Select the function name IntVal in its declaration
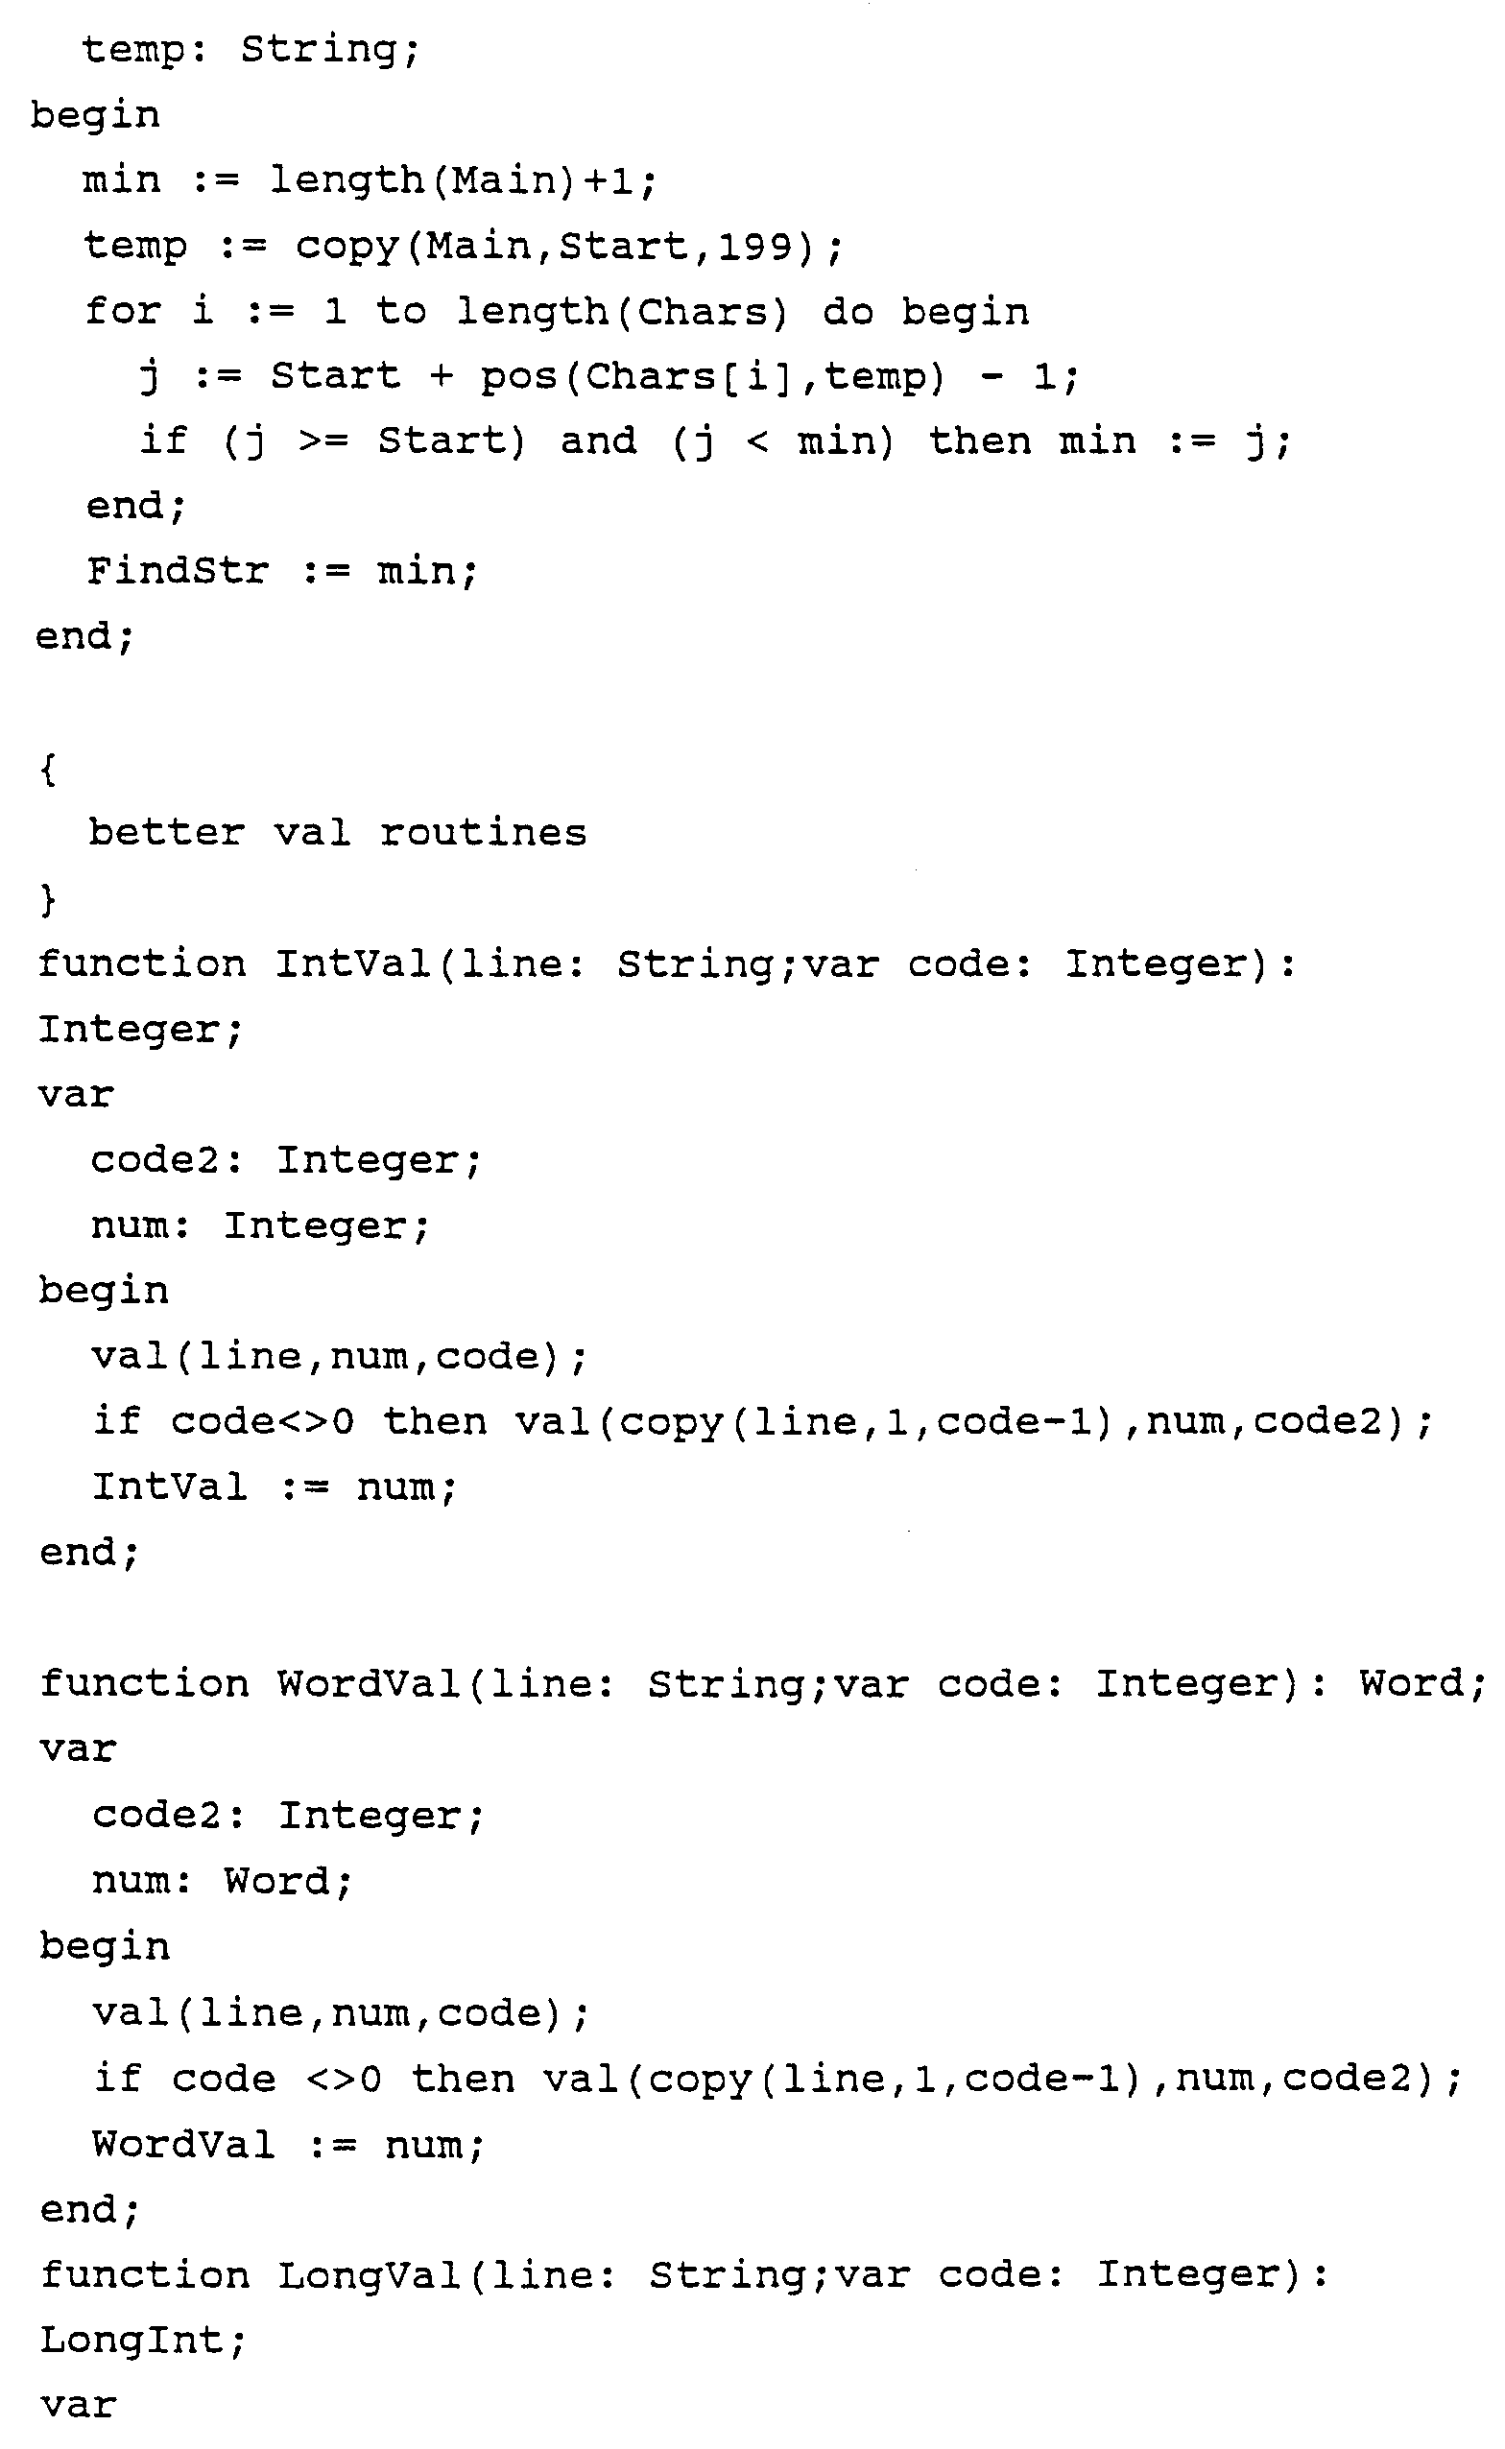(352, 963)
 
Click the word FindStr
(178, 570)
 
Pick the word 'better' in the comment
(166, 832)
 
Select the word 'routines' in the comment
(483, 832)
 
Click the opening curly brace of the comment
(48, 769)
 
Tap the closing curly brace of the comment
(48, 898)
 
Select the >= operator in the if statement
(323, 440)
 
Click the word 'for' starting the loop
(123, 311)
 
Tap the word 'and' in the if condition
(598, 440)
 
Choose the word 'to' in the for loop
(401, 311)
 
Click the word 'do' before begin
(848, 311)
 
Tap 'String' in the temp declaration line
(319, 49)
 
